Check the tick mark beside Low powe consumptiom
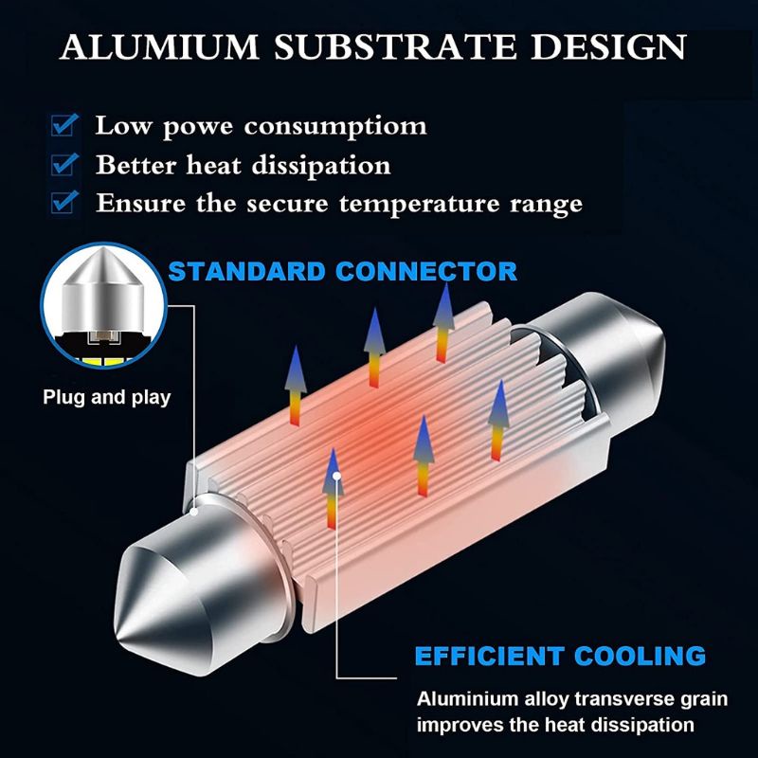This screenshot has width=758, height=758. tap(64, 125)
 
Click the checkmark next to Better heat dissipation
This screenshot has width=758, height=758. tap(64, 164)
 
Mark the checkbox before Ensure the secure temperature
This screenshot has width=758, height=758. tap(64, 202)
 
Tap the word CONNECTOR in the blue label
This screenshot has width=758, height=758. tap(435, 272)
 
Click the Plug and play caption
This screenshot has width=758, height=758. tap(107, 397)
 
